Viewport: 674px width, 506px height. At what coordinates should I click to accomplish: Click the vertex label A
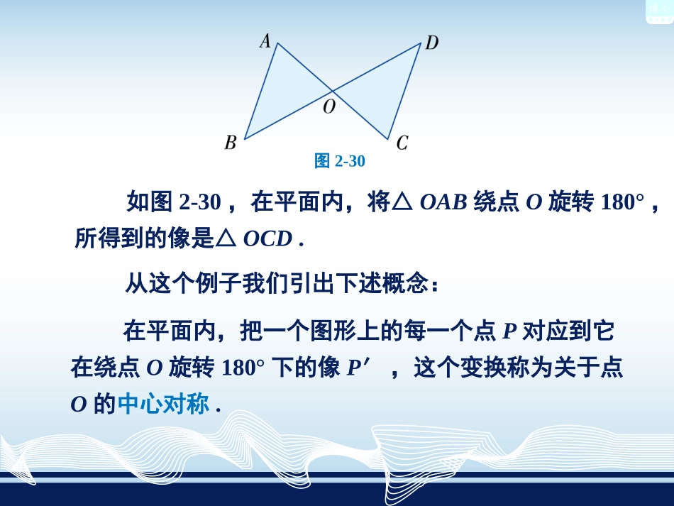pos(265,41)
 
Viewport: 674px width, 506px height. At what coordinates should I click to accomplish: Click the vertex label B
pos(231,143)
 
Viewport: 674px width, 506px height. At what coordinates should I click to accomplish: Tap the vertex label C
pos(402,143)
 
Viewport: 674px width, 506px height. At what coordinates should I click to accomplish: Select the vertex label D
pos(431,43)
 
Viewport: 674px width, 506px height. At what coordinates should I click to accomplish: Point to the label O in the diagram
pos(328,107)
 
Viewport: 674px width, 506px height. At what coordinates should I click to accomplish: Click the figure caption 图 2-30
pos(339,161)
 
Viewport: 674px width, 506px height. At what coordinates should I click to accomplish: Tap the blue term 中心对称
pos(164,405)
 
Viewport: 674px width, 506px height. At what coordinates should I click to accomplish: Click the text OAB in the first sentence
pos(443,203)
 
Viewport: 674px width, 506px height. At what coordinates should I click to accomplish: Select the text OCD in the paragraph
pos(267,239)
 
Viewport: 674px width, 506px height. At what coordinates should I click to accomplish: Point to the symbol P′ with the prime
pos(358,368)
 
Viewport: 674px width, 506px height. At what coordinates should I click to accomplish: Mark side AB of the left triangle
pos(260,91)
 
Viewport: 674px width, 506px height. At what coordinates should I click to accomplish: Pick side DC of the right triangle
pos(404,91)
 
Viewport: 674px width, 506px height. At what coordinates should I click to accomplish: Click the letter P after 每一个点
pos(509,331)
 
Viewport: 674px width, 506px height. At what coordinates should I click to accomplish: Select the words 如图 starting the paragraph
pos(149,203)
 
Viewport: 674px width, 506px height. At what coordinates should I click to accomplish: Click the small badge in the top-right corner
pos(659,11)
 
